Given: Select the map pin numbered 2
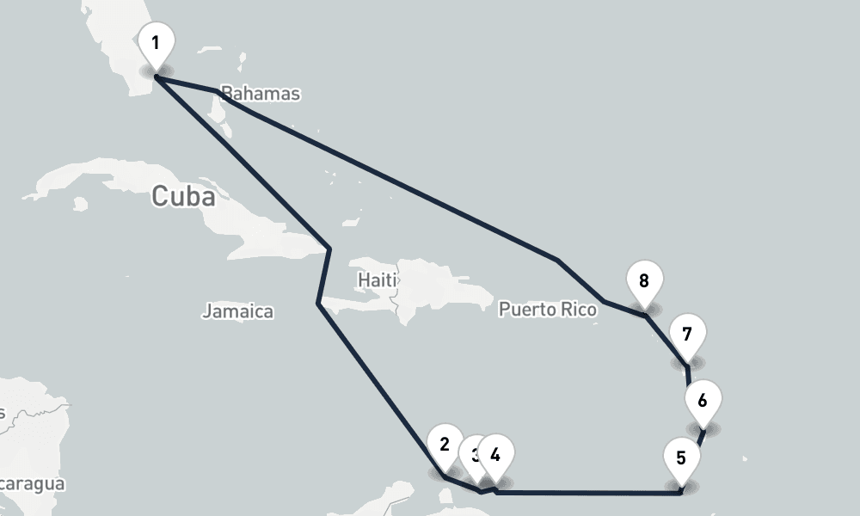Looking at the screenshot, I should [445, 446].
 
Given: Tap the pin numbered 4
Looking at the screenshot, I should [496, 455].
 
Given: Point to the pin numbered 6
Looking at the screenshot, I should [703, 402].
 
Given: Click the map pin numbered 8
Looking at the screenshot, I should [644, 281].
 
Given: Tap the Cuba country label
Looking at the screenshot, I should [183, 196].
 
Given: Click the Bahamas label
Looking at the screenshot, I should [261, 93].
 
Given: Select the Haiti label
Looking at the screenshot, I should [377, 280].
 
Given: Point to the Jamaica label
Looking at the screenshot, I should [237, 311].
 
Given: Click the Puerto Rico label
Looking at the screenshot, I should [547, 309].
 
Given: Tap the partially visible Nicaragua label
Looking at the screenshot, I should [33, 484].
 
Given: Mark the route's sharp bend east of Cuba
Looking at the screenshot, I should [329, 249].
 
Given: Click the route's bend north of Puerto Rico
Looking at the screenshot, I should [557, 260].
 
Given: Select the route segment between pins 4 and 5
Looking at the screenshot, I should [589, 493].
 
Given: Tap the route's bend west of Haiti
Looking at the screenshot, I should [319, 304].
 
